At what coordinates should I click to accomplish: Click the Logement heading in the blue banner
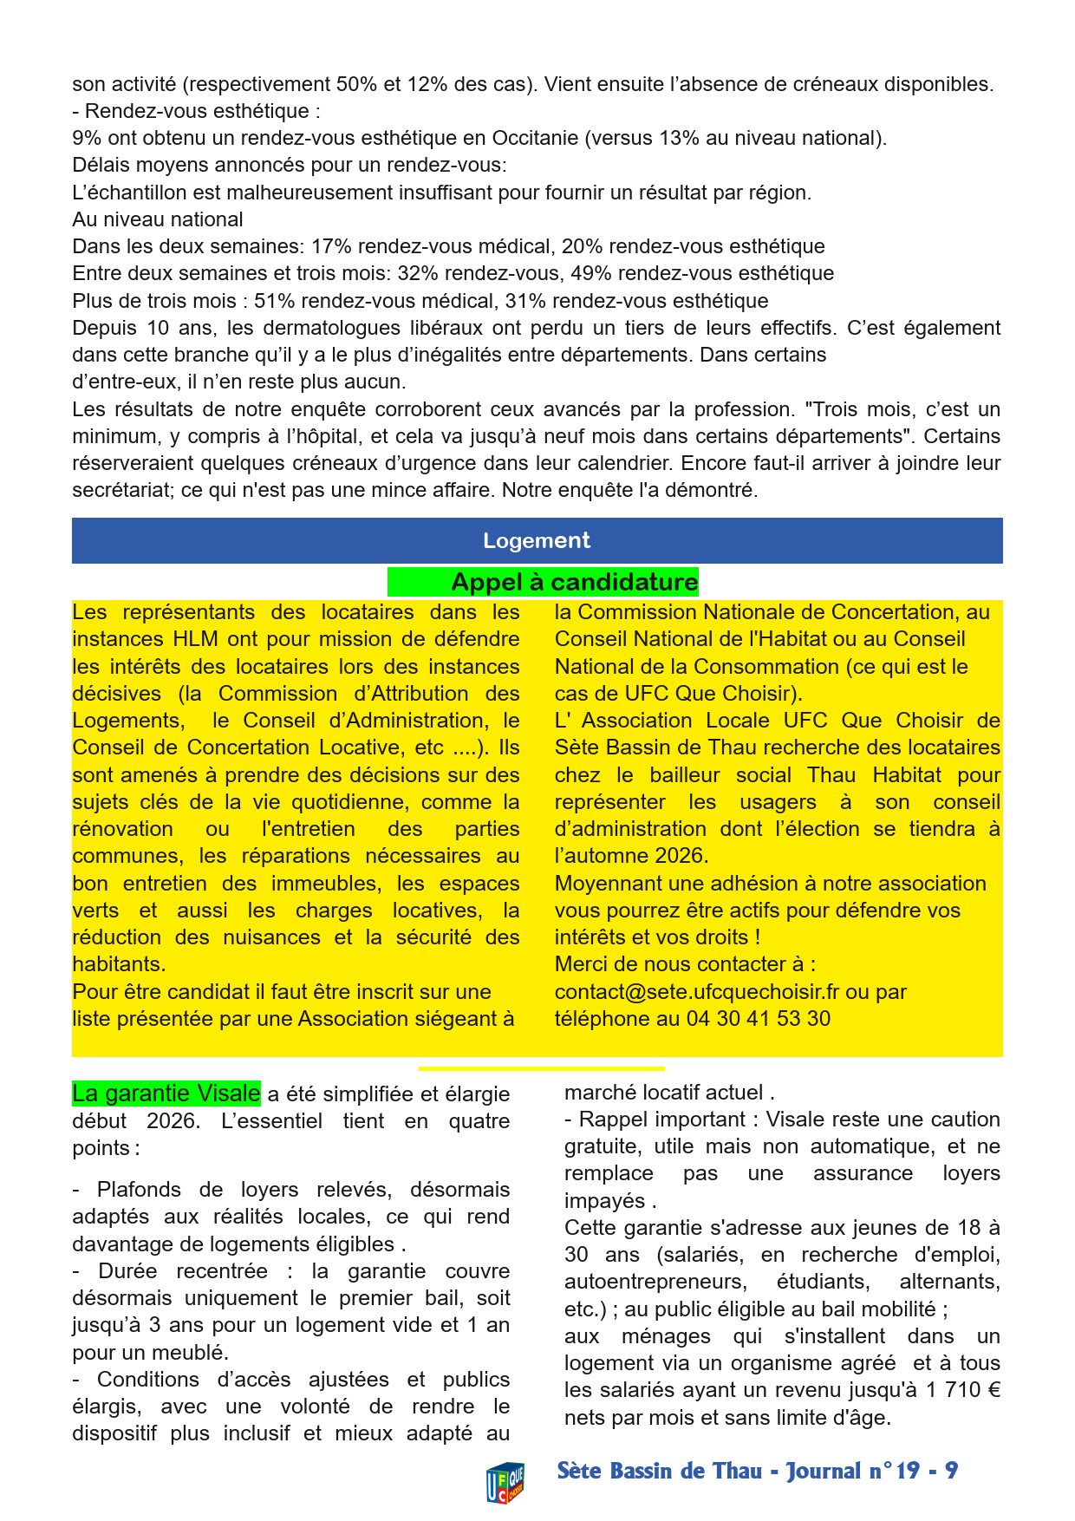pos(537,541)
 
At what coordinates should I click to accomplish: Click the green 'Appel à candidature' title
pos(574,582)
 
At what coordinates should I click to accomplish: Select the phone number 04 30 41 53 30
pos(759,1019)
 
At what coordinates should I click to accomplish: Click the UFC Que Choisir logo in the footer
pos(505,1481)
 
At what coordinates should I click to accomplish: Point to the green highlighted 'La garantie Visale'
pos(166,1093)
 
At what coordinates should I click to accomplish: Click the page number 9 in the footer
pos(951,1471)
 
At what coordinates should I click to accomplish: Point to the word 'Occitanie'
pos(536,139)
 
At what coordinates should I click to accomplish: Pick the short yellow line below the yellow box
pos(542,1069)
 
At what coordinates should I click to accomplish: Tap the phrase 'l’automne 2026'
pos(631,856)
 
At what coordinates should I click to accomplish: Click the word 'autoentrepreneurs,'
pos(655,1282)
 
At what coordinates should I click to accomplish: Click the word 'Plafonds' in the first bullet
pos(136,1190)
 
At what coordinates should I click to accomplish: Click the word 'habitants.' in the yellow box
pos(119,964)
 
